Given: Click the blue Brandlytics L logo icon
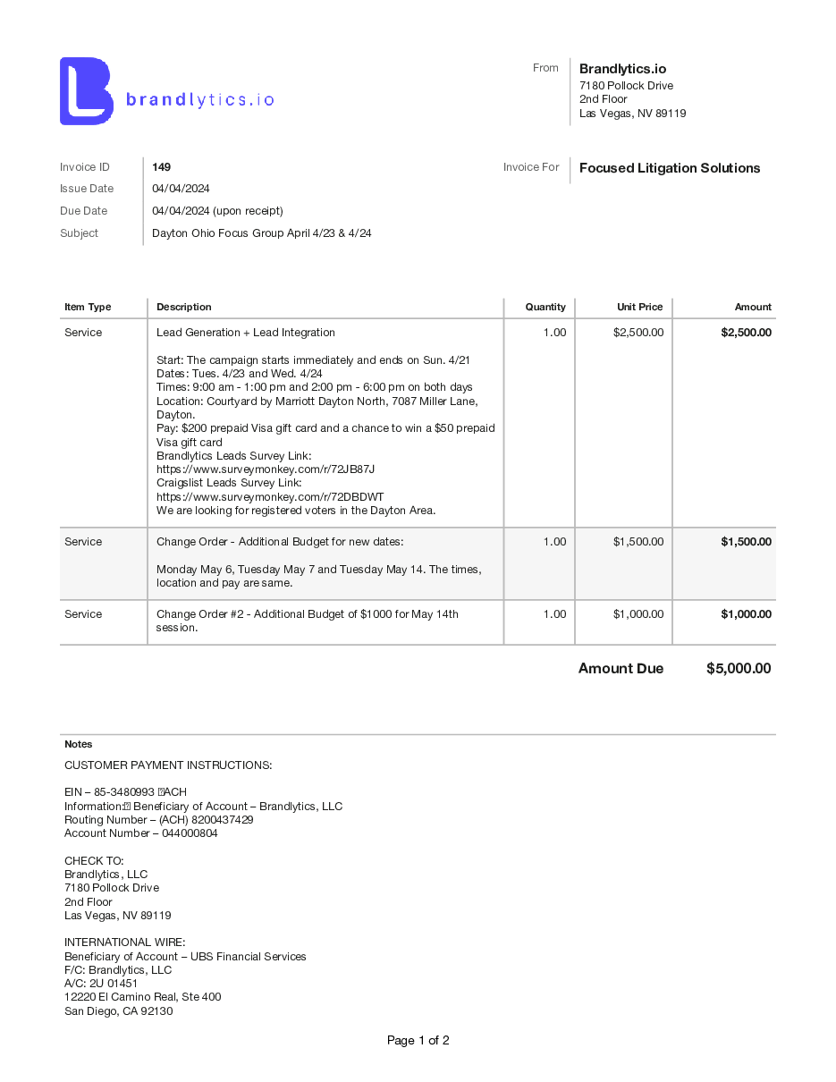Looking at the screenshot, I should pyautogui.click(x=86, y=91).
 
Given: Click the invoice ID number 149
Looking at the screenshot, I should pyautogui.click(x=161, y=167).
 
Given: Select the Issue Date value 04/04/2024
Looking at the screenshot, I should pyautogui.click(x=181, y=189).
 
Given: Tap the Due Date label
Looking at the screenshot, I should pyautogui.click(x=83, y=211).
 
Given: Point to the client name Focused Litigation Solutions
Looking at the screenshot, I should pyautogui.click(x=670, y=168).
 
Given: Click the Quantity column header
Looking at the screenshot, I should pyautogui.click(x=545, y=307).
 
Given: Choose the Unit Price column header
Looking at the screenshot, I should pyautogui.click(x=639, y=307).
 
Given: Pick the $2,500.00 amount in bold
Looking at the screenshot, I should pyautogui.click(x=746, y=333).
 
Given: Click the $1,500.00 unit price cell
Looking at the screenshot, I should pyautogui.click(x=638, y=542).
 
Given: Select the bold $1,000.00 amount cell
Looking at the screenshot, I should pyautogui.click(x=746, y=614).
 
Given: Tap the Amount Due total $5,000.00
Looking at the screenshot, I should pyautogui.click(x=738, y=669).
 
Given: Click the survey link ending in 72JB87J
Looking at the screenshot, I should pyautogui.click(x=266, y=469).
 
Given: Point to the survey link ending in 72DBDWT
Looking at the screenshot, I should pyautogui.click(x=270, y=497).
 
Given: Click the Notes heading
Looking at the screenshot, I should pyautogui.click(x=78, y=744).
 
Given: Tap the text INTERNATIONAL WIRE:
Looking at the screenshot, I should pyautogui.click(x=124, y=943).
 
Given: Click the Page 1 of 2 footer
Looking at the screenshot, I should pyautogui.click(x=418, y=1040).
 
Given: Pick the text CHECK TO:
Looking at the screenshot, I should pyautogui.click(x=94, y=861).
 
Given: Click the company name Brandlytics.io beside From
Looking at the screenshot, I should pyautogui.click(x=622, y=69).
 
